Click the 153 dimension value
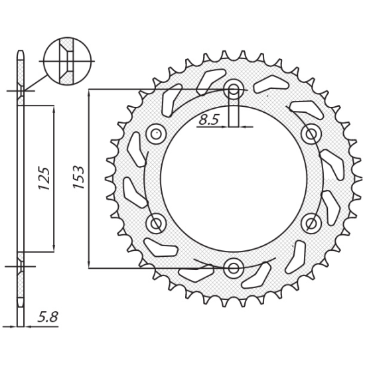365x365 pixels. point(78,177)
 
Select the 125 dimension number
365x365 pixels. point(44,178)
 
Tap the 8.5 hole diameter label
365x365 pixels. point(209,120)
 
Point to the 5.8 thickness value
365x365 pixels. point(48,317)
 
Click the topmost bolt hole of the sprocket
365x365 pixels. point(234,89)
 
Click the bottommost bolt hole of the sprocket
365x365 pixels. point(234,267)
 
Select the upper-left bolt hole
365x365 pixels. point(157,134)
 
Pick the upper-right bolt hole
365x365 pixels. point(311,134)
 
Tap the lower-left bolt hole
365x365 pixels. point(157,223)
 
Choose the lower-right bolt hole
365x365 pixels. point(311,223)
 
